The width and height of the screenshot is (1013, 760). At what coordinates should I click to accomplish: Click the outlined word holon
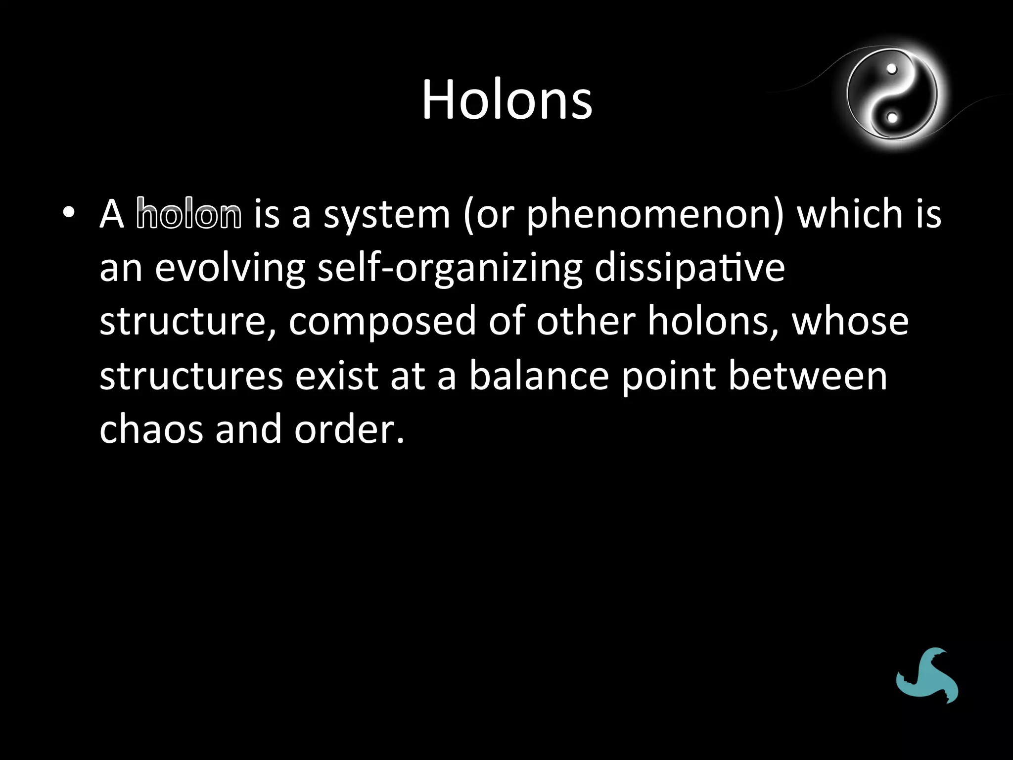click(x=189, y=214)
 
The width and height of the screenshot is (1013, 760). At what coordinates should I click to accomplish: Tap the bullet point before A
click(x=69, y=213)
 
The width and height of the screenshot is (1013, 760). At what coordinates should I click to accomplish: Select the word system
click(x=387, y=215)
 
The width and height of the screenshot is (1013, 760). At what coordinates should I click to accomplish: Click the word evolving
click(x=230, y=269)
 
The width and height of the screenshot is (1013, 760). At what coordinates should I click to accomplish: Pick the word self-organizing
click(x=450, y=269)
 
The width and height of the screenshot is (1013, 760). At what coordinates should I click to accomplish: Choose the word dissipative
click(x=690, y=269)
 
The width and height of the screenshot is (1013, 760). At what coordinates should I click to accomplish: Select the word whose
click(x=850, y=321)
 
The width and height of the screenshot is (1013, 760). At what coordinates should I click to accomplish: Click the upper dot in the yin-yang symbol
click(x=892, y=69)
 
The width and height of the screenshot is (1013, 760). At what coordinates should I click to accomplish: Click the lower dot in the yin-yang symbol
click(x=892, y=118)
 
